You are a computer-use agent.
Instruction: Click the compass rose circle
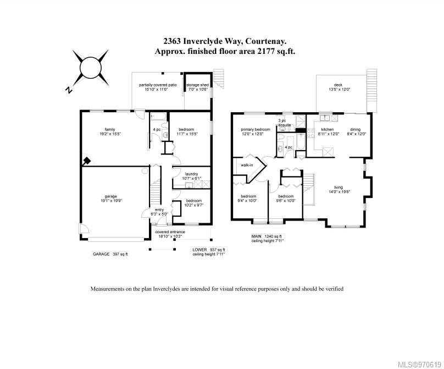pos(92,68)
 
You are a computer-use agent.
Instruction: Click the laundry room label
pos(191,175)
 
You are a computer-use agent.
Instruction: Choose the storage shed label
pos(197,87)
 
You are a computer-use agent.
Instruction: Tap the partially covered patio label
pos(158,87)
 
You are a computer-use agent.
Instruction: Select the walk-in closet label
pos(247,165)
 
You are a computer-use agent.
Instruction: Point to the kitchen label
pos(320,131)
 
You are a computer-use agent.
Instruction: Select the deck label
pos(338,87)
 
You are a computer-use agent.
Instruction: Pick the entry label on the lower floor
pos(159,212)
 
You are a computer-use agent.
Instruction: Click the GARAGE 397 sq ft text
pos(110,255)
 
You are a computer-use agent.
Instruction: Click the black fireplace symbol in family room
pos(86,162)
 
